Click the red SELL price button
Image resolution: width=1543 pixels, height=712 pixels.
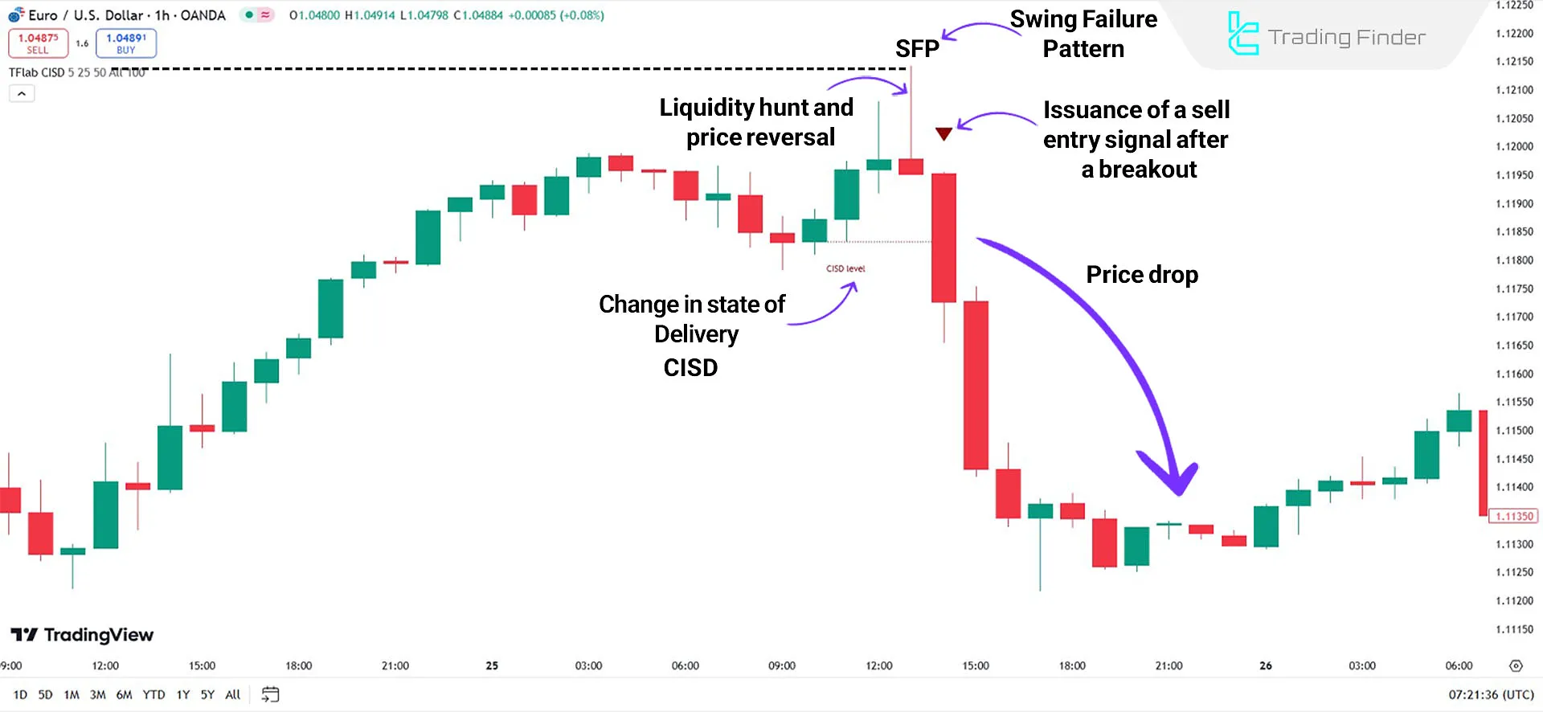pos(38,43)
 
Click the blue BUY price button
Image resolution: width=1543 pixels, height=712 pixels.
pos(125,43)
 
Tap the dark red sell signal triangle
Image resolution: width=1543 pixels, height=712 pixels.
pos(943,133)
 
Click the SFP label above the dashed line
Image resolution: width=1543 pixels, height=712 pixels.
pos(916,49)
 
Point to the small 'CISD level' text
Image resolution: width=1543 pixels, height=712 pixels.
pos(845,268)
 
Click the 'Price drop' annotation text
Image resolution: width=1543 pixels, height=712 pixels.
pos(1141,275)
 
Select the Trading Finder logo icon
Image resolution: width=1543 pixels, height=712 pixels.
pos(1242,34)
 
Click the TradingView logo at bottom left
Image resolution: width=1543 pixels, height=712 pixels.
pos(82,635)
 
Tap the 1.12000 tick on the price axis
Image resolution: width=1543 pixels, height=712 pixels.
pos(1514,146)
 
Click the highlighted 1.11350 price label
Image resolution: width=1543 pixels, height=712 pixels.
pos(1513,516)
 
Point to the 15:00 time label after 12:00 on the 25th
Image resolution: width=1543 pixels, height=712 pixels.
pos(976,665)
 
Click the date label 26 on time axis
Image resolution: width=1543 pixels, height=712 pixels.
pos(1265,665)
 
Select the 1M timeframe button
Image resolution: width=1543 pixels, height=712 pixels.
pos(72,694)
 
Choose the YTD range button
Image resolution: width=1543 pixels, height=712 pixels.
pos(153,694)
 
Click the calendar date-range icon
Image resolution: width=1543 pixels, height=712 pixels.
pos(270,694)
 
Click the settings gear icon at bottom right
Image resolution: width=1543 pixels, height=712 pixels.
pos(1516,665)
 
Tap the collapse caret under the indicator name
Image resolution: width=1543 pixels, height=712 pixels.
pos(22,94)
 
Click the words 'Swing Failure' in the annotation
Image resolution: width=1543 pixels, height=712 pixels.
pos(1083,19)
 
